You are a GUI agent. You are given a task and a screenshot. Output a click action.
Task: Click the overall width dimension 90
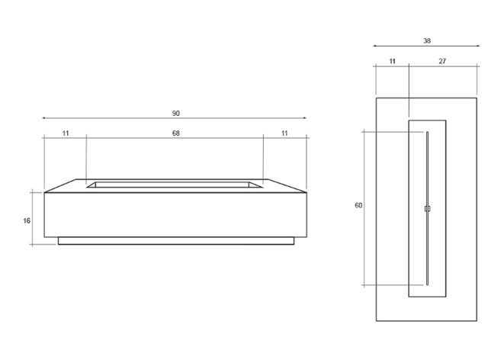click(176, 114)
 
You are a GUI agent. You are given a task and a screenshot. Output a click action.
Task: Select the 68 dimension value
click(176, 133)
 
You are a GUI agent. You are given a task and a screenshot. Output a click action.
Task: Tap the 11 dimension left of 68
click(66, 133)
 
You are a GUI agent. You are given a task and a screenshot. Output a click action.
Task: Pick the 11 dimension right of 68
click(285, 133)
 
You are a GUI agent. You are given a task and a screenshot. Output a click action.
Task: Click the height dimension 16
click(27, 221)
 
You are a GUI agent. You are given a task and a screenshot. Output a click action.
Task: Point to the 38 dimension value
click(426, 40)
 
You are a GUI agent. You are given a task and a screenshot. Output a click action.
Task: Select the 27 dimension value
click(443, 60)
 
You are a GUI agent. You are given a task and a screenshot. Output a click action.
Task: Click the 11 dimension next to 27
click(392, 60)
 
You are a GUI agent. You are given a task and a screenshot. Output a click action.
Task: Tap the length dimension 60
click(358, 205)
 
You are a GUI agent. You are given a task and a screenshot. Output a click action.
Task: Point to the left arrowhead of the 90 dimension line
click(44, 118)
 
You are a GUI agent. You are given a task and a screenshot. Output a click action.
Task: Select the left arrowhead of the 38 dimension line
click(376, 47)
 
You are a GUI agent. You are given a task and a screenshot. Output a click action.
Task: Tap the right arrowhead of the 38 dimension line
click(477, 47)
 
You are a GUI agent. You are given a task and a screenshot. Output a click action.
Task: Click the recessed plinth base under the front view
click(175, 241)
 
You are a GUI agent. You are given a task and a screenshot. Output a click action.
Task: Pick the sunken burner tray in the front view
click(175, 184)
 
